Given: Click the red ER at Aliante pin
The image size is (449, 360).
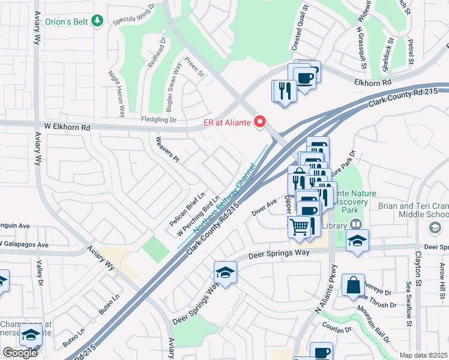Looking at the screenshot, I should pyautogui.click(x=260, y=122).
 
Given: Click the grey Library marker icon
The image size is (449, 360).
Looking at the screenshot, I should pyautogui.click(x=356, y=224).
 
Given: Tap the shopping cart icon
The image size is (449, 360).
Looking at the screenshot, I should pyautogui.click(x=299, y=227).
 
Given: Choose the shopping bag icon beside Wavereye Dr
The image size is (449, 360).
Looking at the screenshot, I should pyautogui.click(x=353, y=284).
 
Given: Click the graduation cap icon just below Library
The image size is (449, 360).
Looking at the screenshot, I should pyautogui.click(x=358, y=241).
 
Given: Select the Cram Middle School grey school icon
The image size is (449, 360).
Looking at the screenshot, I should pyautogui.click(x=435, y=227).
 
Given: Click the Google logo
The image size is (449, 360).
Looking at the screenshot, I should pyautogui.click(x=20, y=353).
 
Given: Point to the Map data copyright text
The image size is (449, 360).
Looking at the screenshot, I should pyautogui.click(x=424, y=355).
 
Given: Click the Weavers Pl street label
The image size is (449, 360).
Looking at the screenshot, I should pyautogui.click(x=167, y=150).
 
